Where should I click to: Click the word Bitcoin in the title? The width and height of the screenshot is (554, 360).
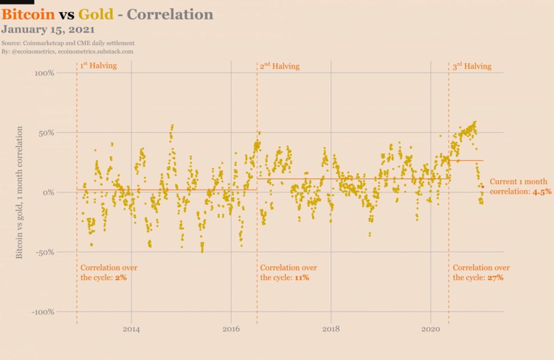pos(28,14)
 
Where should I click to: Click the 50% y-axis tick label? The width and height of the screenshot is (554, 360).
pos(46,133)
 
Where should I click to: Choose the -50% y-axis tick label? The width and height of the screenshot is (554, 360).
pos(45,252)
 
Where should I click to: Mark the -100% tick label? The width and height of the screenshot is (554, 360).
pos(43,312)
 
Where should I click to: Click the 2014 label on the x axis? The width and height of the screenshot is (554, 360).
pos(131,329)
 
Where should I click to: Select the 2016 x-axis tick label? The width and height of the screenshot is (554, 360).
pos(231,329)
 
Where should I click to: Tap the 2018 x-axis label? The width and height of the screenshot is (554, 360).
pos(331,329)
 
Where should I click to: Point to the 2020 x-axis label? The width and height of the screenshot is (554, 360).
pos(431,329)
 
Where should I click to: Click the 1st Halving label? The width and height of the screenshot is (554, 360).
pos(98,66)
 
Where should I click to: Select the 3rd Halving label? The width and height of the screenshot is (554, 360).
pos(472,66)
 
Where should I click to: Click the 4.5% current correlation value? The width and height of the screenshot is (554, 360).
pos(542,191)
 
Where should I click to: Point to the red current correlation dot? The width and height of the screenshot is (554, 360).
pos(483,187)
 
